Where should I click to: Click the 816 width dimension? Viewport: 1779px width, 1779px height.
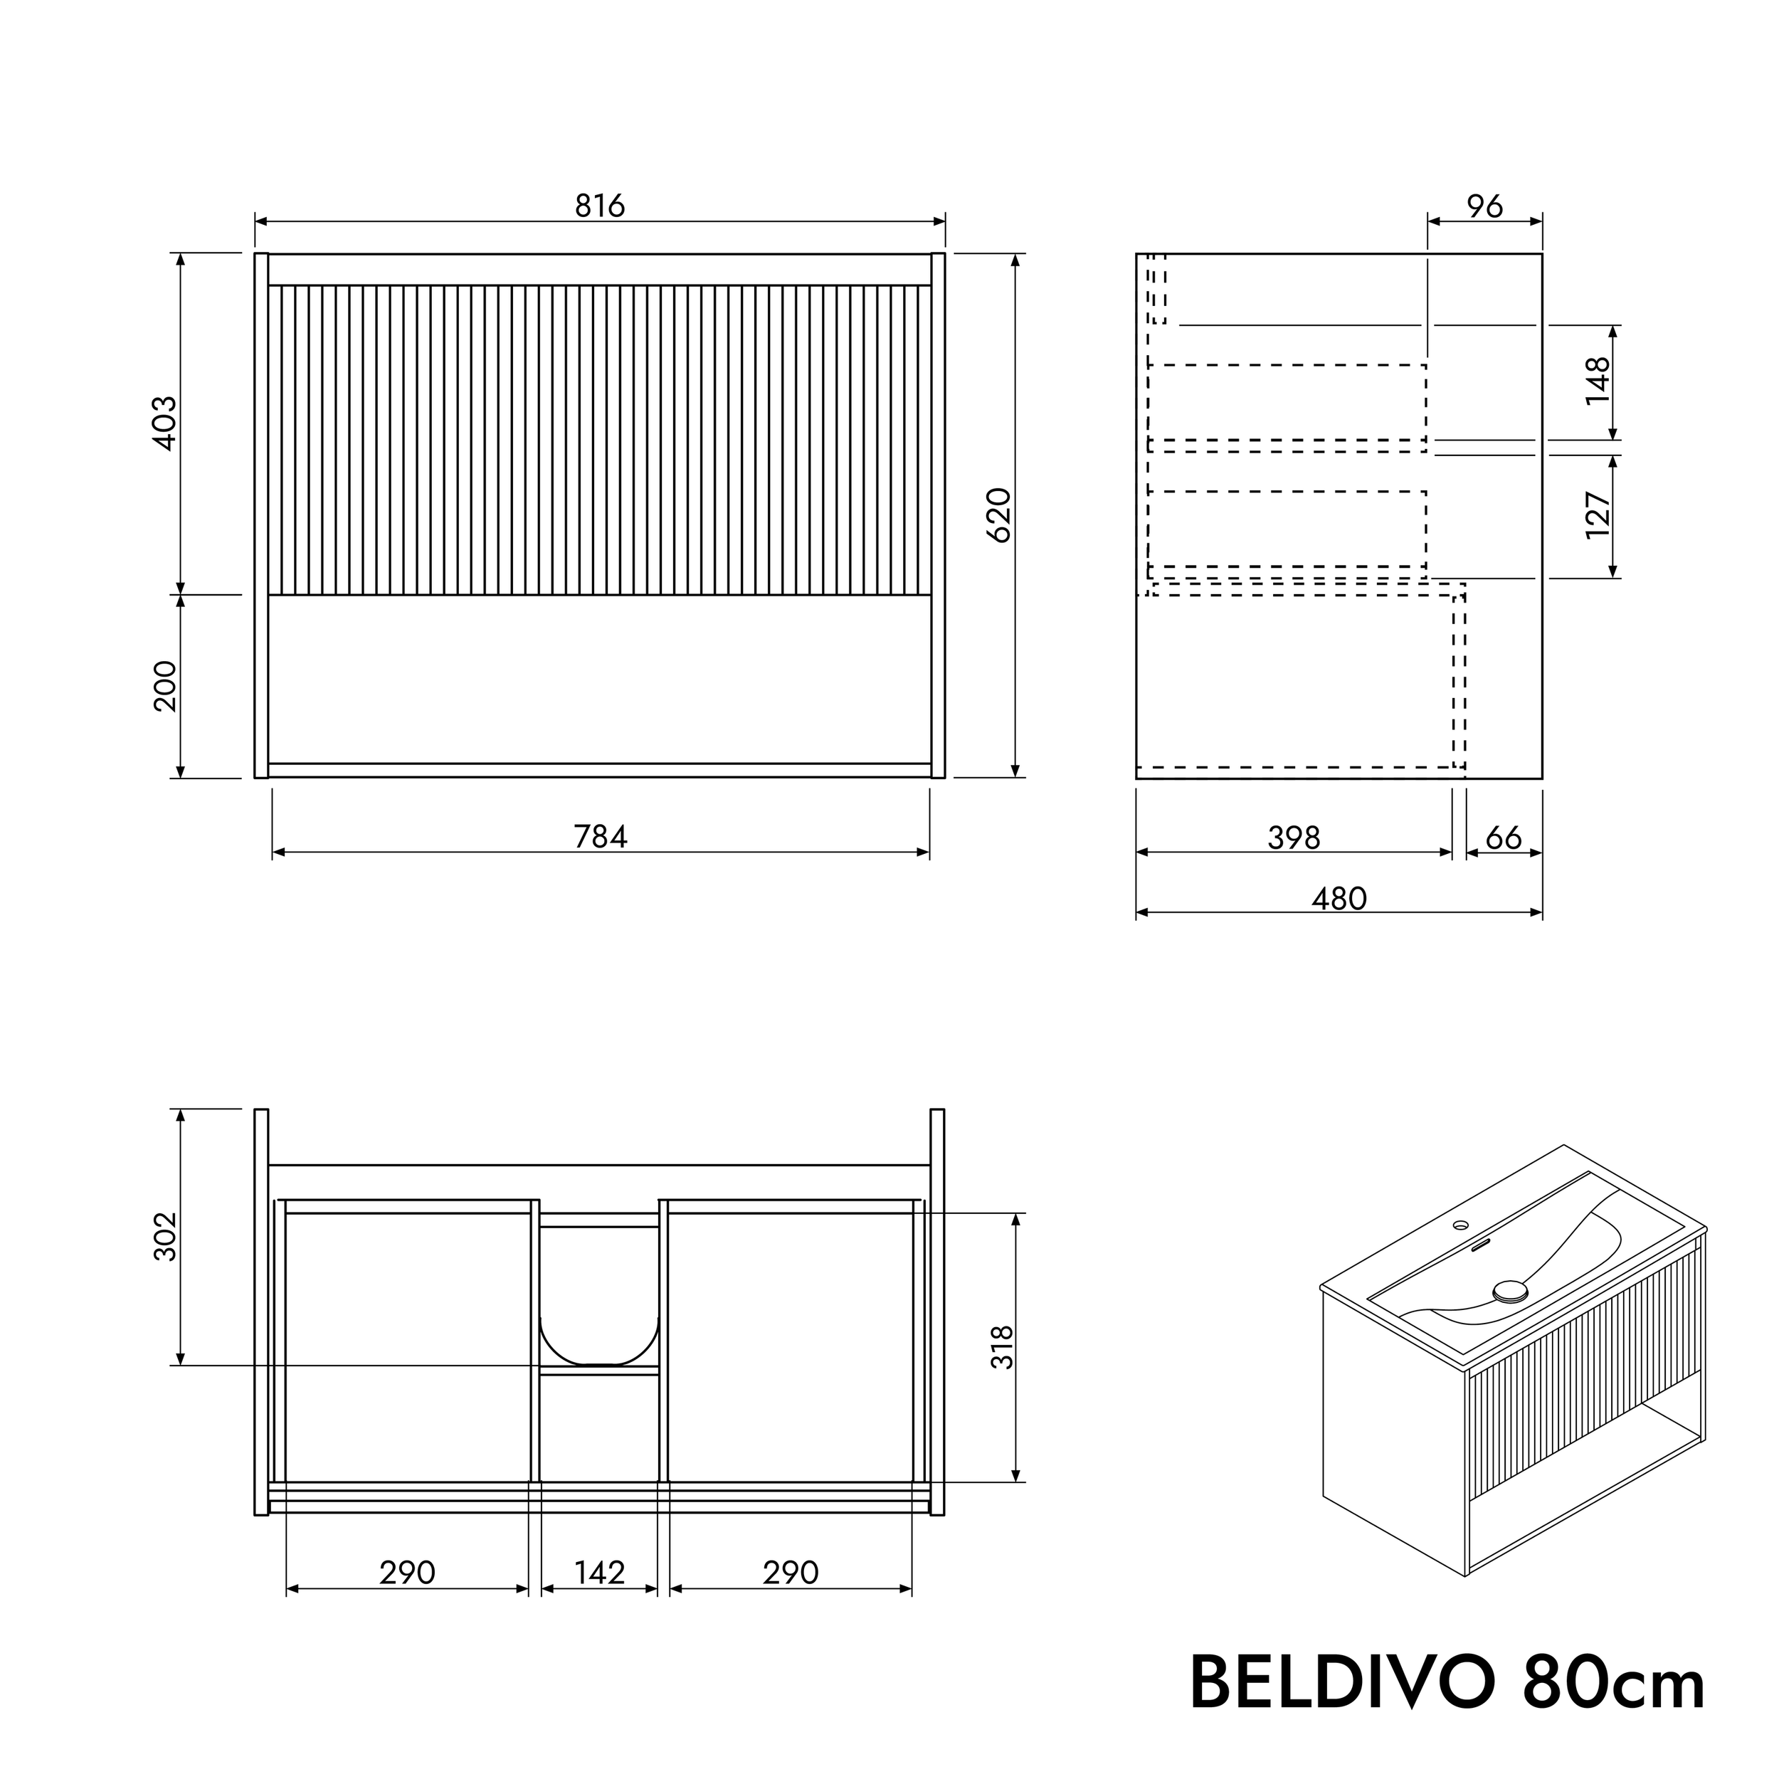tap(599, 206)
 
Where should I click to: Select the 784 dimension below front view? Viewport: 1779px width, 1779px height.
tap(599, 836)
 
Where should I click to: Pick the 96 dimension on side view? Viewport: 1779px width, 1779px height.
tap(1484, 206)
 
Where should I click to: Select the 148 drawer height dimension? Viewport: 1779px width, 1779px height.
tap(1598, 380)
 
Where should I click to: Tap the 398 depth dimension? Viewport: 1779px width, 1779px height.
tap(1294, 837)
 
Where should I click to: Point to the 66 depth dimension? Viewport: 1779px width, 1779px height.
tap(1504, 837)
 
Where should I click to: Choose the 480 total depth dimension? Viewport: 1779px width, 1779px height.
tap(1339, 898)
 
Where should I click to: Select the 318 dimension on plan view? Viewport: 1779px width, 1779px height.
tap(1002, 1346)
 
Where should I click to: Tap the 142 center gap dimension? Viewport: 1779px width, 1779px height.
tap(599, 1572)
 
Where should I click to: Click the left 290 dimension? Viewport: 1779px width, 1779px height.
tap(407, 1572)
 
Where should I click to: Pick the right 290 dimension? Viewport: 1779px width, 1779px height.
tap(790, 1572)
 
